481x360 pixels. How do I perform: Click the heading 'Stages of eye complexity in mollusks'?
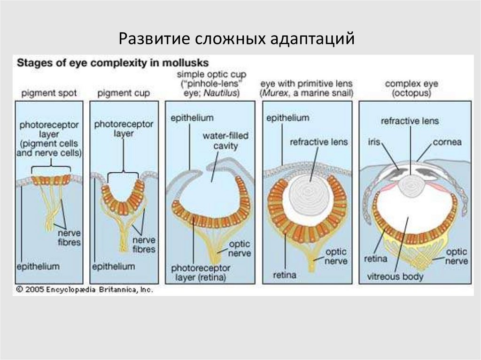pos(113,62)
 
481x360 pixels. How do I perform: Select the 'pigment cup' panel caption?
pos(124,93)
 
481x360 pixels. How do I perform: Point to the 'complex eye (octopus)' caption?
pos(411,88)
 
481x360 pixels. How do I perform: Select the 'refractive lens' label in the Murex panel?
pos(319,142)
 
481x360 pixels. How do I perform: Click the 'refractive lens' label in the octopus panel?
pos(410,121)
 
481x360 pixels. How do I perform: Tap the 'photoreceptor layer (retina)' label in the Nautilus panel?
pos(201,272)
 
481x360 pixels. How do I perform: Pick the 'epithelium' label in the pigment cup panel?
pos(114,266)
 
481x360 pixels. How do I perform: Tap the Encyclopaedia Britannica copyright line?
pos(85,290)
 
